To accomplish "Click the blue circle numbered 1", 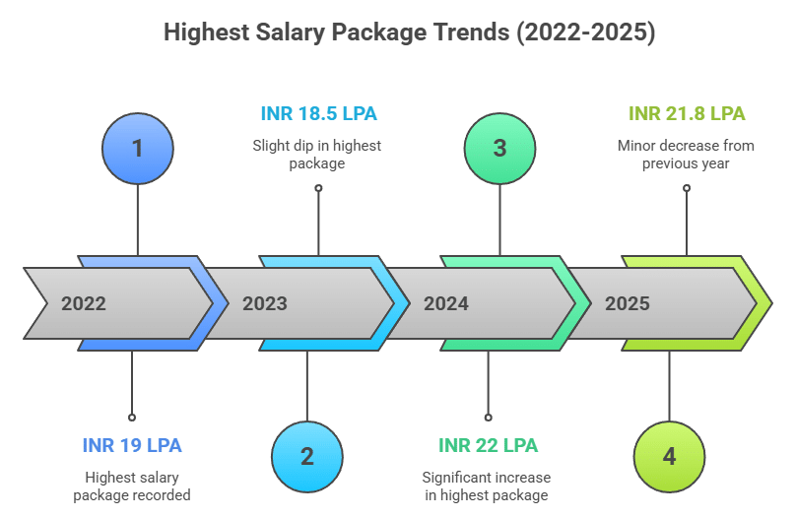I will tap(137, 149).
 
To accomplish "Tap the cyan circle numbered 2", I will tap(306, 456).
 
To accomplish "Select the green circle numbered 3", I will tap(499, 149).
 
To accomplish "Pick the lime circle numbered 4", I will tap(669, 456).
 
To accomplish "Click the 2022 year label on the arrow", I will tap(84, 303).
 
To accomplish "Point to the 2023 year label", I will tap(265, 303).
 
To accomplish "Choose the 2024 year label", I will tap(446, 303).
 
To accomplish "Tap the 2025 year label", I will tap(628, 303).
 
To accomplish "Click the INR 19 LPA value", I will tap(132, 445).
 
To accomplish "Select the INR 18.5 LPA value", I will tap(318, 113).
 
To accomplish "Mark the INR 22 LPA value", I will tap(488, 445).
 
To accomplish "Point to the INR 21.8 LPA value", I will tap(687, 113).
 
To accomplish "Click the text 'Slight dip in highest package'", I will tap(317, 155).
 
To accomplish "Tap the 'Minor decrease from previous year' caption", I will tap(686, 155).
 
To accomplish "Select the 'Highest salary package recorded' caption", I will tap(132, 486).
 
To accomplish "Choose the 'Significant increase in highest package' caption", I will tap(487, 486).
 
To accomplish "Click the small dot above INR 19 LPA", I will tap(132, 417).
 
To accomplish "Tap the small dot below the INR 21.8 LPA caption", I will tap(687, 187).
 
